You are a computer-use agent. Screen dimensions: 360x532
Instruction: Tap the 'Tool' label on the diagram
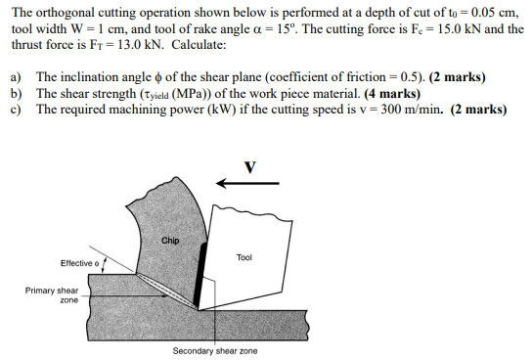tap(244, 257)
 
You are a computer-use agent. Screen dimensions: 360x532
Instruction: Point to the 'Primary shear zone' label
tap(53, 295)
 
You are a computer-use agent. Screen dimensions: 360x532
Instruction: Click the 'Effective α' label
tap(79, 263)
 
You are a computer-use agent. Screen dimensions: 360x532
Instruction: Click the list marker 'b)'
tap(16, 93)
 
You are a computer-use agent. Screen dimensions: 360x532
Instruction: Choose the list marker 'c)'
tap(16, 109)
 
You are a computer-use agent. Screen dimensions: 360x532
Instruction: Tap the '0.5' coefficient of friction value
tap(403, 76)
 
